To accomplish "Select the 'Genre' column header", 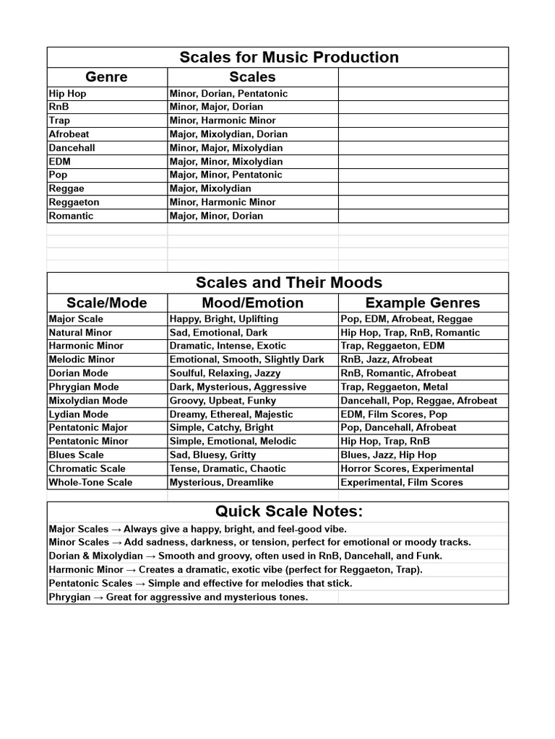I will [x=106, y=76].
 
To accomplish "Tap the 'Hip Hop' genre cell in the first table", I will [x=67, y=93].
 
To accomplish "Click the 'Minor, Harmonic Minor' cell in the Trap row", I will [x=223, y=121].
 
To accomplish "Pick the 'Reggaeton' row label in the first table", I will [x=74, y=202].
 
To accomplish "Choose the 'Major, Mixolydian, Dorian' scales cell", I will [x=228, y=134].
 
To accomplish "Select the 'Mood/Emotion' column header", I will [x=252, y=302].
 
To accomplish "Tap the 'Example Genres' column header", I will [x=423, y=302].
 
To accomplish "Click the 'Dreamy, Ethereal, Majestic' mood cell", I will [x=231, y=414].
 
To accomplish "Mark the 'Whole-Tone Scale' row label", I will [x=90, y=482].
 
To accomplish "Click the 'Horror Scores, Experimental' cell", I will [x=407, y=468].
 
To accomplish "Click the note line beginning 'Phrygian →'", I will [x=178, y=597].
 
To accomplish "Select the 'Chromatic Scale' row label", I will [x=87, y=468].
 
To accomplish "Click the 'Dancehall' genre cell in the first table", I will [x=72, y=148].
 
